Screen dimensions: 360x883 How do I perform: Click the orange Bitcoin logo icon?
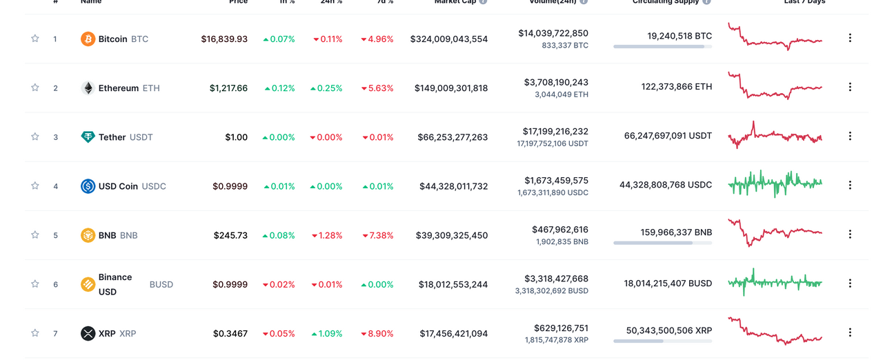[x=88, y=39]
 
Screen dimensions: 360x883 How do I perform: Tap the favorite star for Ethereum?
[x=35, y=88]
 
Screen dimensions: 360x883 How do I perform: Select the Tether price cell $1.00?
[x=236, y=137]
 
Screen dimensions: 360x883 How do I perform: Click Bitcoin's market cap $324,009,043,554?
[x=448, y=39]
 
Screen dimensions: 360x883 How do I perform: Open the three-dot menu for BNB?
[x=850, y=234]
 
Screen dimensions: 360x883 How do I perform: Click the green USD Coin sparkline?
[x=775, y=183]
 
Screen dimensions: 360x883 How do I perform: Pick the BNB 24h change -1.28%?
[x=328, y=235]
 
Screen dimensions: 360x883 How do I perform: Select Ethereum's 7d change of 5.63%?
[x=377, y=88]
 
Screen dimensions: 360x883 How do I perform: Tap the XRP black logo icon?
[x=88, y=334]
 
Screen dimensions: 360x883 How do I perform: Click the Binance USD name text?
[x=115, y=284]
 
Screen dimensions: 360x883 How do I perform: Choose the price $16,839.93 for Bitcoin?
[x=224, y=39]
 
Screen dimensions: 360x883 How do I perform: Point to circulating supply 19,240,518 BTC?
[x=679, y=36]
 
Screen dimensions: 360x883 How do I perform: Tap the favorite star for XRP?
[x=35, y=333]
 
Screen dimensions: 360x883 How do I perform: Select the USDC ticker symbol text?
[x=154, y=186]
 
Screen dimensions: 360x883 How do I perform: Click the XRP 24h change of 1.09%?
[x=327, y=334]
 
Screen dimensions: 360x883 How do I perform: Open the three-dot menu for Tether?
[x=850, y=136]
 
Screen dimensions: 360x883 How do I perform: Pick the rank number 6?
[x=56, y=284]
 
